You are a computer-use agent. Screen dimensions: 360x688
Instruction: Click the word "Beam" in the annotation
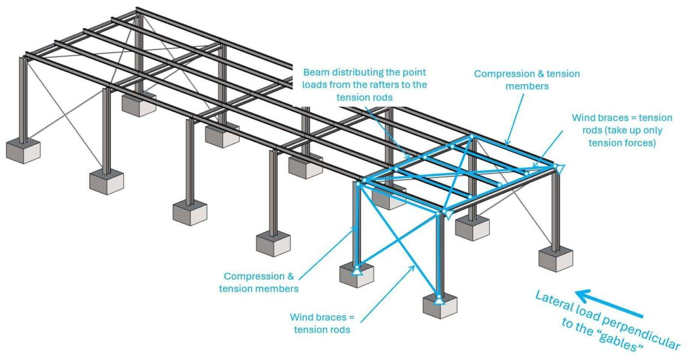313,72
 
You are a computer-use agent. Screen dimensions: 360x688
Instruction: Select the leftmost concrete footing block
23,151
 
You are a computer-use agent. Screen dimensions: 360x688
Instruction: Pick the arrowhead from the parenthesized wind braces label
536,164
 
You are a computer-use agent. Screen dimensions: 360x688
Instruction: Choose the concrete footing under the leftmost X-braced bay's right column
106,181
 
